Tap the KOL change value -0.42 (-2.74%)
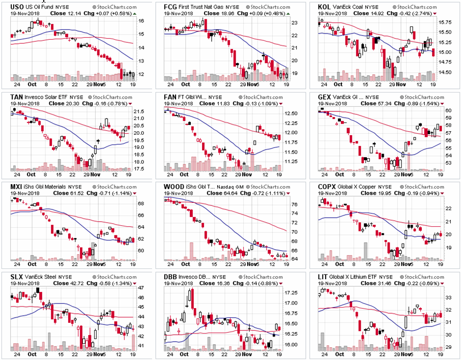(408, 13)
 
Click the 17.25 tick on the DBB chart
(293, 293)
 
